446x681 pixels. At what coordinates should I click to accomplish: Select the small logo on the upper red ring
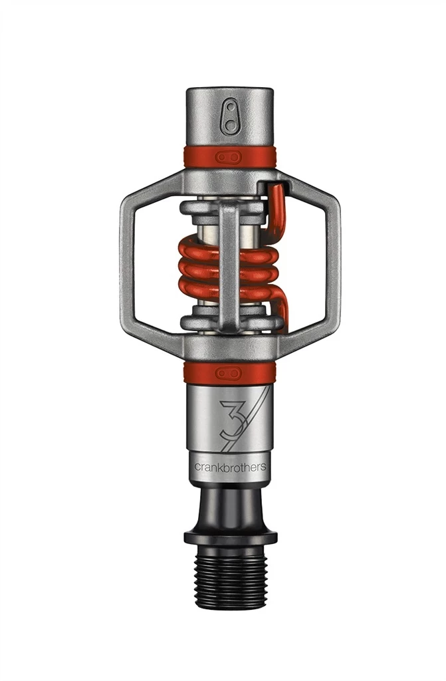coord(230,156)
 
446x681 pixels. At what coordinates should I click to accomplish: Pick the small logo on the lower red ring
coord(229,372)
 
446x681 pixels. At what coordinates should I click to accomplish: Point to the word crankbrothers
coord(229,467)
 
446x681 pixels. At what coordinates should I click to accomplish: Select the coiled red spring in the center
coord(199,266)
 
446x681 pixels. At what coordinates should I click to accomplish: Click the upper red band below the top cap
coord(199,156)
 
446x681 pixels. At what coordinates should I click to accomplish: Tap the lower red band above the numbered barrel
coord(199,372)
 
